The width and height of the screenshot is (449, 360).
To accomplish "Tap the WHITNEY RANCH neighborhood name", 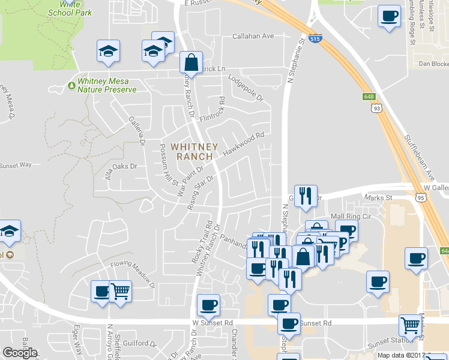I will click(x=194, y=151).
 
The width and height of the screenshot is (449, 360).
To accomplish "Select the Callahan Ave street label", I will click(x=253, y=36).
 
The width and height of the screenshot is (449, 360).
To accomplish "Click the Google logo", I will click(x=20, y=353).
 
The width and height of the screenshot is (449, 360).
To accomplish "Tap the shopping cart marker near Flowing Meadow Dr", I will click(x=120, y=292).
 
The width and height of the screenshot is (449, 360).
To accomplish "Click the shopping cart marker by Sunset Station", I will click(x=410, y=326).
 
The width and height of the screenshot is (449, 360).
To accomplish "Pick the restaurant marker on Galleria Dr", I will click(x=306, y=196).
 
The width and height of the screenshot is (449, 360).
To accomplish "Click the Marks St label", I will click(x=379, y=197).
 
